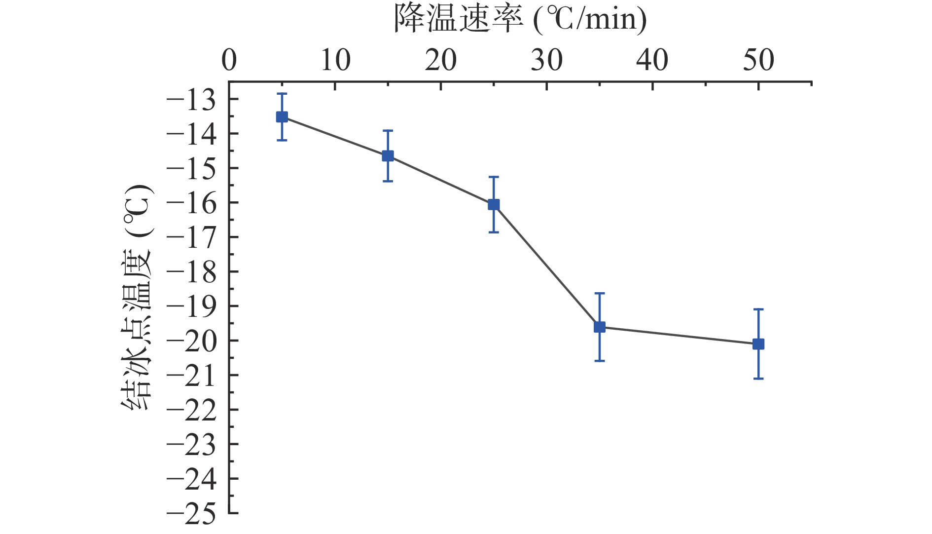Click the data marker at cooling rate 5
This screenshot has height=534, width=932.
pos(282,117)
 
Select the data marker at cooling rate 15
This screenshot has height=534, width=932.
pos(388,156)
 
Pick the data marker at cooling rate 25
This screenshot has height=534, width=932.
pos(494,204)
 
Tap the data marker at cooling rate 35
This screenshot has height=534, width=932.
pos(600,327)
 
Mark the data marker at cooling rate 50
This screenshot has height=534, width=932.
pos(758,344)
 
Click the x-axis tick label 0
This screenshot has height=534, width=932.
pos(229,61)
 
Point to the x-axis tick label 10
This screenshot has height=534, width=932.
pos(335,61)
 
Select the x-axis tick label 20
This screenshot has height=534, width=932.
pos(441,61)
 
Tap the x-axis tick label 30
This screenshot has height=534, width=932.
pos(547,61)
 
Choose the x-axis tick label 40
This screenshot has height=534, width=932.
pos(652,61)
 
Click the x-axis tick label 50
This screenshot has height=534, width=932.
pos(758,61)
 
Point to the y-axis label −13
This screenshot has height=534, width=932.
pos(191,101)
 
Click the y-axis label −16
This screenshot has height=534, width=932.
pos(191,204)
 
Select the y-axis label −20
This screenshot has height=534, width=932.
pos(191,342)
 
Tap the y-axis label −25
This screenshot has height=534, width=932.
pos(191,514)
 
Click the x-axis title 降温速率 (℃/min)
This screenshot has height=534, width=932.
pos(520,20)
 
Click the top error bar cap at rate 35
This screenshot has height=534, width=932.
pos(600,293)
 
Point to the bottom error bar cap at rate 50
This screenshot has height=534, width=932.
pos(758,379)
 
